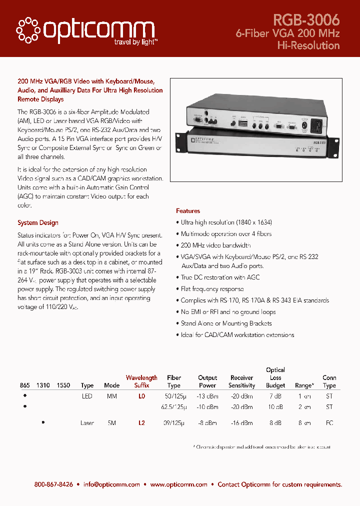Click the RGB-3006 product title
tap(306, 19)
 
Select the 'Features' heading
tap(188, 211)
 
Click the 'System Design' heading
tap(38, 223)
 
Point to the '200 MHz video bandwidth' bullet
tap(215, 245)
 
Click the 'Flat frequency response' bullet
tap(212, 289)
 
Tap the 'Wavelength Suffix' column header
tap(141, 381)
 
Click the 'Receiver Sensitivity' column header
tap(242, 381)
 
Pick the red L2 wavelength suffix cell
tap(141, 423)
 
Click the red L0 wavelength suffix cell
tap(141, 395)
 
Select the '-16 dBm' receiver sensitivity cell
tap(242, 423)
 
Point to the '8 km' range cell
tap(303, 423)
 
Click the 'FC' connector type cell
tap(329, 423)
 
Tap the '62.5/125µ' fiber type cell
tap(173, 407)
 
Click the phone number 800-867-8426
tap(53, 484)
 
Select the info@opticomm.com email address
tap(111, 484)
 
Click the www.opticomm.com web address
tap(178, 484)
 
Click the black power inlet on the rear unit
tap(317, 126)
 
